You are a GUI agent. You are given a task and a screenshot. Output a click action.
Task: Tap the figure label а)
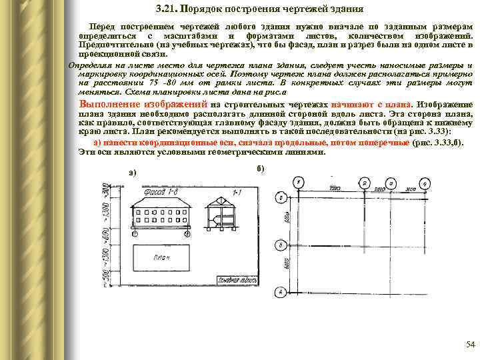coord(132,173)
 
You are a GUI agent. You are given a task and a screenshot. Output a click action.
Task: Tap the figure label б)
coord(260,167)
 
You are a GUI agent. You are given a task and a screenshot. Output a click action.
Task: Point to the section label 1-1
coord(237,193)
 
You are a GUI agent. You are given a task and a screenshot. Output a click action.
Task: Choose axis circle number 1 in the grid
coord(299,181)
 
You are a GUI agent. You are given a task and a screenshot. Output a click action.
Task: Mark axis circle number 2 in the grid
coord(364,181)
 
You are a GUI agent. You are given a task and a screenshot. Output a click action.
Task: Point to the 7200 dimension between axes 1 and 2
coord(332,189)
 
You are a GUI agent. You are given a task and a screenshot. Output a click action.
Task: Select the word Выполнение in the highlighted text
coord(107,105)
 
